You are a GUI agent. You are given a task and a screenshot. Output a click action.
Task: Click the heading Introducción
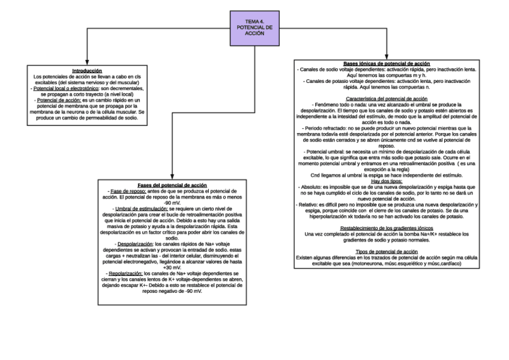[x=86, y=71]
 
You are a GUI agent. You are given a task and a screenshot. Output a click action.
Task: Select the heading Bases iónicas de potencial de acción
[x=387, y=64]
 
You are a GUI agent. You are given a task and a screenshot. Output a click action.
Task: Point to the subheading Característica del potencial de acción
[x=387, y=98]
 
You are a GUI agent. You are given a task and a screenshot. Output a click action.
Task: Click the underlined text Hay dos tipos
[x=387, y=181]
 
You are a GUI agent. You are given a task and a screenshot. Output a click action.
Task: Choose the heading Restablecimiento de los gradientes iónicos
[x=387, y=228]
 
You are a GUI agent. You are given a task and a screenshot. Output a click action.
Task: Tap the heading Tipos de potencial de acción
[x=387, y=251]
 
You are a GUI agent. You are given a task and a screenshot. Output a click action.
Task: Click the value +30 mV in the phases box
[x=172, y=268]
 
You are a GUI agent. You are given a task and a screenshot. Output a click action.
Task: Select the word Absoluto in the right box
[x=312, y=187]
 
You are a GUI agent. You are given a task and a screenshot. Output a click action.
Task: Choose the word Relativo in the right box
[x=311, y=205]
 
